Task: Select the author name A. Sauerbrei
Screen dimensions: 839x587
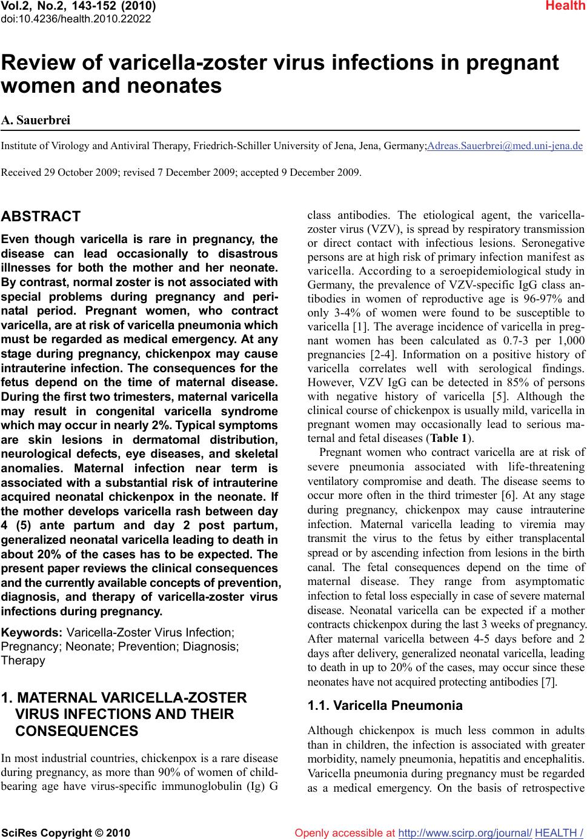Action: tap(36, 120)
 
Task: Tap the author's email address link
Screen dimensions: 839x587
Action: tap(505, 146)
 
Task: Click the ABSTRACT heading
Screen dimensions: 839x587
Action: tap(41, 216)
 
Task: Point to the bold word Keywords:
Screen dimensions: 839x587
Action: tap(32, 633)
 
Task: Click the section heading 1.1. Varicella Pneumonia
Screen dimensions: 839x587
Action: tap(385, 706)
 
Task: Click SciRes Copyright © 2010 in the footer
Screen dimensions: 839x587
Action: tap(66, 833)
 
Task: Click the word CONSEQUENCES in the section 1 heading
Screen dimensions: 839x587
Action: tap(76, 731)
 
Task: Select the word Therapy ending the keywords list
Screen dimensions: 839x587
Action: tap(23, 661)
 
